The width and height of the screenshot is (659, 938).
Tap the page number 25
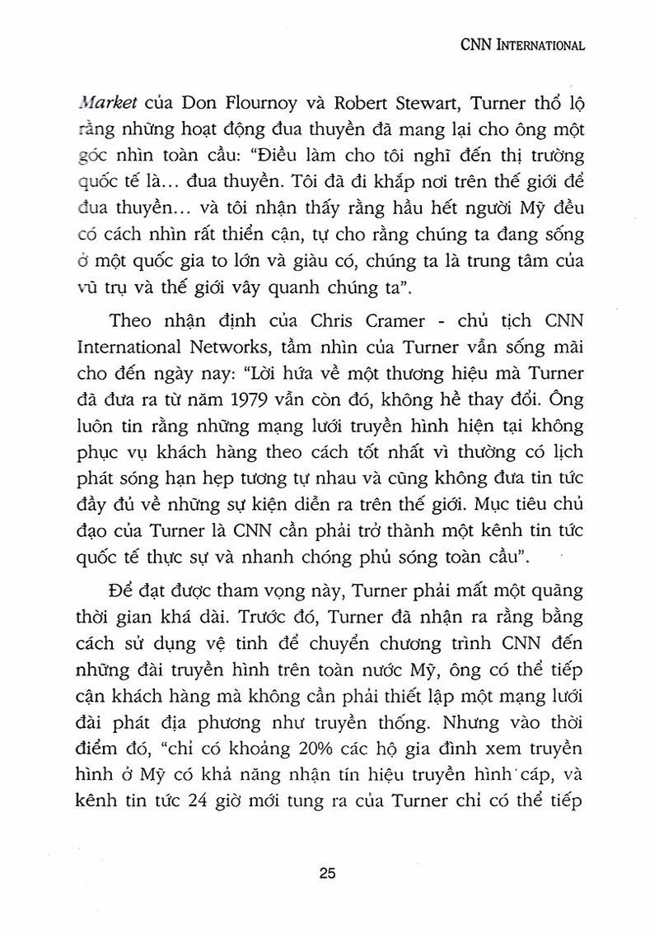click(329, 875)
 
